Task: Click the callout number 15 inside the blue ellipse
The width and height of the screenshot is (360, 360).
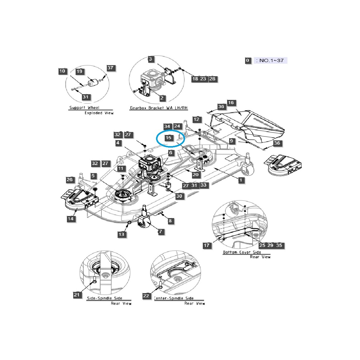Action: click(169, 138)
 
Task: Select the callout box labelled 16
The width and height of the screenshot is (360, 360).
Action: click(231, 103)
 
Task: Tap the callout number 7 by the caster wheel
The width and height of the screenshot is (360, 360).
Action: click(160, 232)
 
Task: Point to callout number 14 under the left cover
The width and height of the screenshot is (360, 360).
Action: click(70, 219)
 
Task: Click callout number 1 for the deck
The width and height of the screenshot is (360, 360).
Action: click(241, 180)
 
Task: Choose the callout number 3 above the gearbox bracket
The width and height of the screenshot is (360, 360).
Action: click(151, 59)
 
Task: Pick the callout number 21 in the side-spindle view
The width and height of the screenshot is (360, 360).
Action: click(77, 295)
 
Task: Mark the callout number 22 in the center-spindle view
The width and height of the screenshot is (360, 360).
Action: click(146, 296)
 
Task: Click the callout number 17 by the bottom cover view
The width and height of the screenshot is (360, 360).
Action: click(207, 245)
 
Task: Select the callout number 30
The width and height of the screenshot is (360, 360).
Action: click(179, 196)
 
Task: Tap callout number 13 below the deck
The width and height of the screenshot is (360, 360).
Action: click(121, 234)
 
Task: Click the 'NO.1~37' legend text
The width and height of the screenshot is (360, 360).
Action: click(271, 60)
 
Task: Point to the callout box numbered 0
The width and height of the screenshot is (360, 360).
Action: click(247, 60)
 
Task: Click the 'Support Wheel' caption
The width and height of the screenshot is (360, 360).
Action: click(84, 108)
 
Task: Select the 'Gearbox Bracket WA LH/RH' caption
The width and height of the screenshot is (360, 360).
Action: click(159, 108)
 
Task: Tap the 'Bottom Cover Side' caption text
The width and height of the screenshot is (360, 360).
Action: click(242, 252)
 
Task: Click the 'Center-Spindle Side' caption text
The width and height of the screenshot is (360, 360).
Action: click(174, 298)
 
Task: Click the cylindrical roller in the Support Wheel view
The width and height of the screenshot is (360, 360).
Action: click(93, 82)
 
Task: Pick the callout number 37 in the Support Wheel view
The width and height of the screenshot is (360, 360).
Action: click(110, 68)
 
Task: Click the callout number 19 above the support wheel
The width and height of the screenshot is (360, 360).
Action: click(79, 71)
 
